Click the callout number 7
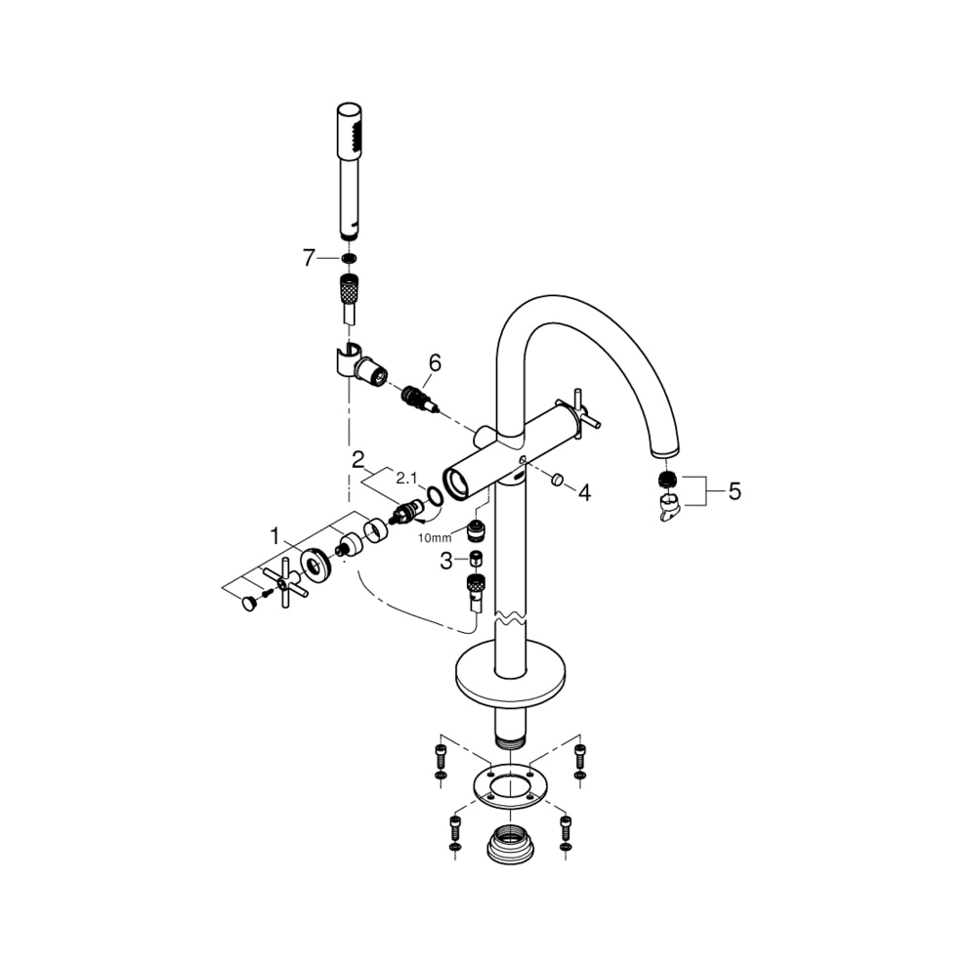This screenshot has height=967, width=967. (x=309, y=258)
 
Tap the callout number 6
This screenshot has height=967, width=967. (x=434, y=362)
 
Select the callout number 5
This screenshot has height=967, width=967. (x=734, y=490)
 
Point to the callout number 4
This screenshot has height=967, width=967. (x=583, y=493)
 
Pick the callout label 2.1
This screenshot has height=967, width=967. (x=405, y=477)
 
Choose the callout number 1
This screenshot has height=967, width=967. (x=276, y=535)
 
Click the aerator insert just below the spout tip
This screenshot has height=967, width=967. (x=668, y=480)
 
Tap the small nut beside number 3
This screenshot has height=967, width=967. (x=474, y=560)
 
